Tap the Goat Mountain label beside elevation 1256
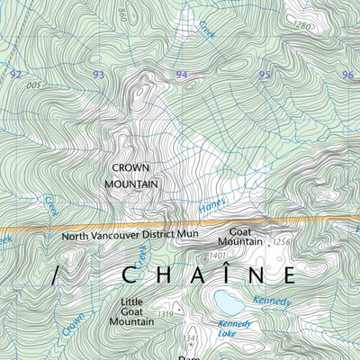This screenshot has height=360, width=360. click(x=238, y=236)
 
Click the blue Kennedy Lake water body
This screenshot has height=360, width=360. click(x=229, y=300)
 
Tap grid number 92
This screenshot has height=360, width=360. click(x=14, y=75)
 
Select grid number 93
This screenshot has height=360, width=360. click(x=98, y=75)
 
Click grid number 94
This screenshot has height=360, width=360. click(x=182, y=75)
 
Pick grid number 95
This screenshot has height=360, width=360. click(x=265, y=75)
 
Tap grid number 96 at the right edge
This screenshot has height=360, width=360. click(x=347, y=75)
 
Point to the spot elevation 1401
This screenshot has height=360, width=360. click(x=216, y=256)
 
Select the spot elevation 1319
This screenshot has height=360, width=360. click(x=165, y=313)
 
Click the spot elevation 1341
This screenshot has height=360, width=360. click(x=188, y=338)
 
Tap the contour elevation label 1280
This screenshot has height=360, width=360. click(x=302, y=26)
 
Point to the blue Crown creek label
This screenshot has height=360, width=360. click(x=72, y=326)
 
